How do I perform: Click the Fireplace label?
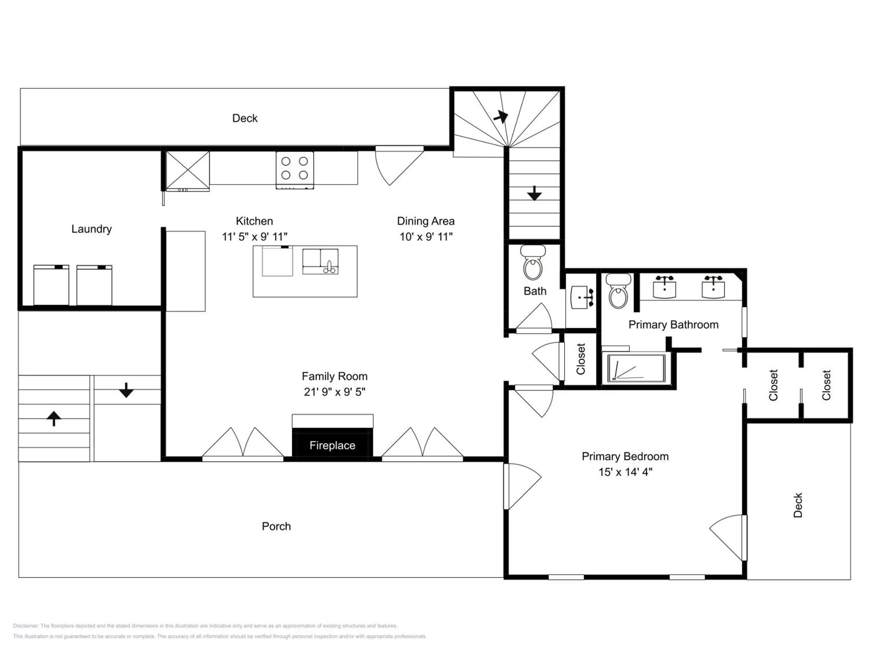(x=332, y=445)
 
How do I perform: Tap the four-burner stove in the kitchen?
(x=295, y=170)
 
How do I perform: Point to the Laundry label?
(x=92, y=229)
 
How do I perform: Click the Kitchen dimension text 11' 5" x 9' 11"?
(x=255, y=236)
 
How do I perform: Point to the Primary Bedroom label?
(x=625, y=456)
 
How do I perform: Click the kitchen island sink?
(x=320, y=261)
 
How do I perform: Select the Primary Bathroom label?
(x=673, y=325)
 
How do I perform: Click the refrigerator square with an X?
(x=188, y=171)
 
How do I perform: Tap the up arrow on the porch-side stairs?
(x=54, y=418)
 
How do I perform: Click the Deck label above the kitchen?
(x=245, y=118)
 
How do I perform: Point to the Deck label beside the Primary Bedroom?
(x=797, y=505)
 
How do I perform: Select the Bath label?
(x=535, y=291)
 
